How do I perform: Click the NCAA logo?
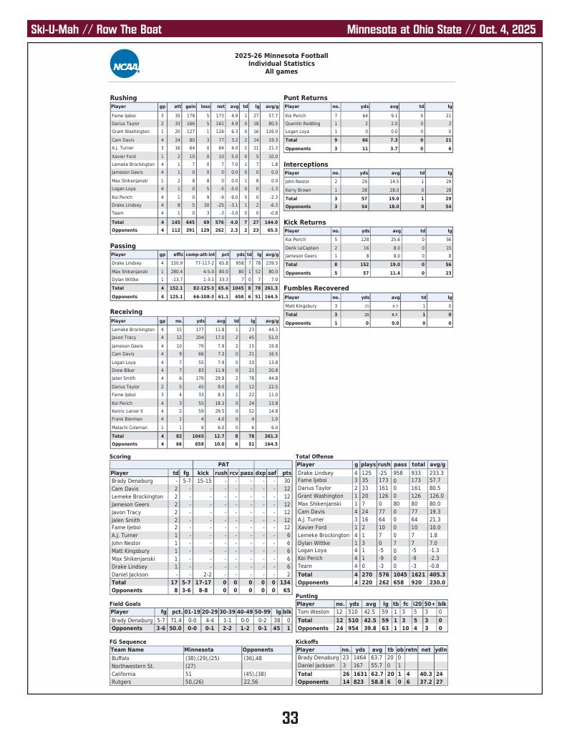point(125,63)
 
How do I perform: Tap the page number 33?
point(290,717)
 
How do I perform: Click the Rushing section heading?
point(123,98)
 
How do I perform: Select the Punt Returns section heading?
point(306,98)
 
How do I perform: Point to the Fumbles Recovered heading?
point(316,288)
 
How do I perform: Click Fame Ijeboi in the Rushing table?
point(124,115)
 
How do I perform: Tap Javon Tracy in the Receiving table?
point(124,338)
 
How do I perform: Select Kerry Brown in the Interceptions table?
point(297,190)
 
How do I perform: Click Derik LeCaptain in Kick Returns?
point(301,247)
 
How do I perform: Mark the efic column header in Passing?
point(178,255)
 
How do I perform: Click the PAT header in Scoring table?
point(233,464)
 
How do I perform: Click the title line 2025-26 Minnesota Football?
point(281,55)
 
